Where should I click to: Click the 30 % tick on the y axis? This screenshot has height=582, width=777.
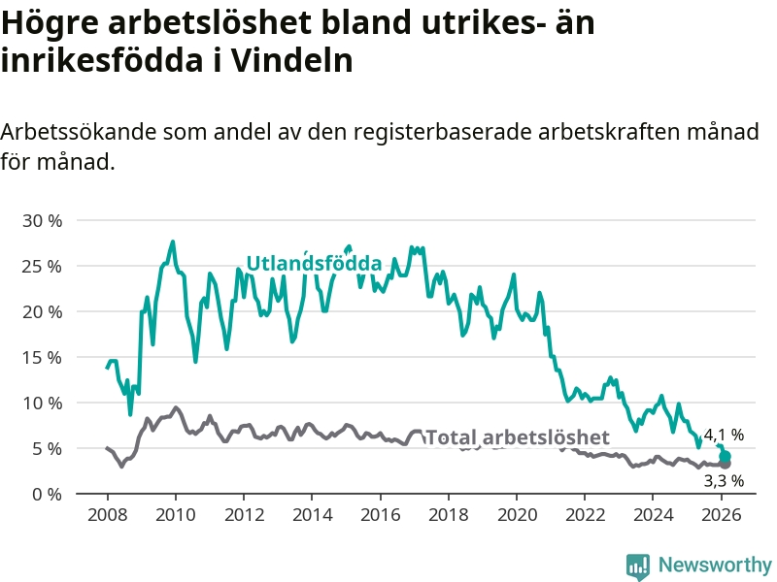click(41, 220)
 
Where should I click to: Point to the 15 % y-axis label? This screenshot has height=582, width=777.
click(41, 357)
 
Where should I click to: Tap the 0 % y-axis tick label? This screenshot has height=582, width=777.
click(46, 494)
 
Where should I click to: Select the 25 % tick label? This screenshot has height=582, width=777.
click(41, 266)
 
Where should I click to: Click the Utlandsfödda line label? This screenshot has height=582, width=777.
click(314, 263)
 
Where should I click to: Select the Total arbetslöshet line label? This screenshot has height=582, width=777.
click(517, 436)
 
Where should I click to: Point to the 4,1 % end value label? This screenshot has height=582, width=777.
click(724, 435)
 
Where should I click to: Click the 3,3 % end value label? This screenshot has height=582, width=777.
click(724, 480)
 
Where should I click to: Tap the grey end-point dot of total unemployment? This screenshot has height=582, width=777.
click(725, 464)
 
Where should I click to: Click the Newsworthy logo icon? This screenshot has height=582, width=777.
click(638, 566)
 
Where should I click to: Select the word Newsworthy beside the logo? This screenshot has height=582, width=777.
click(715, 565)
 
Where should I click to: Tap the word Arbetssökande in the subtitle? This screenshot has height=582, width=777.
click(80, 132)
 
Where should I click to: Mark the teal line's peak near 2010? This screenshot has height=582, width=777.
click(173, 242)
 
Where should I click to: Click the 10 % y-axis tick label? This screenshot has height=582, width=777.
click(41, 403)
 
